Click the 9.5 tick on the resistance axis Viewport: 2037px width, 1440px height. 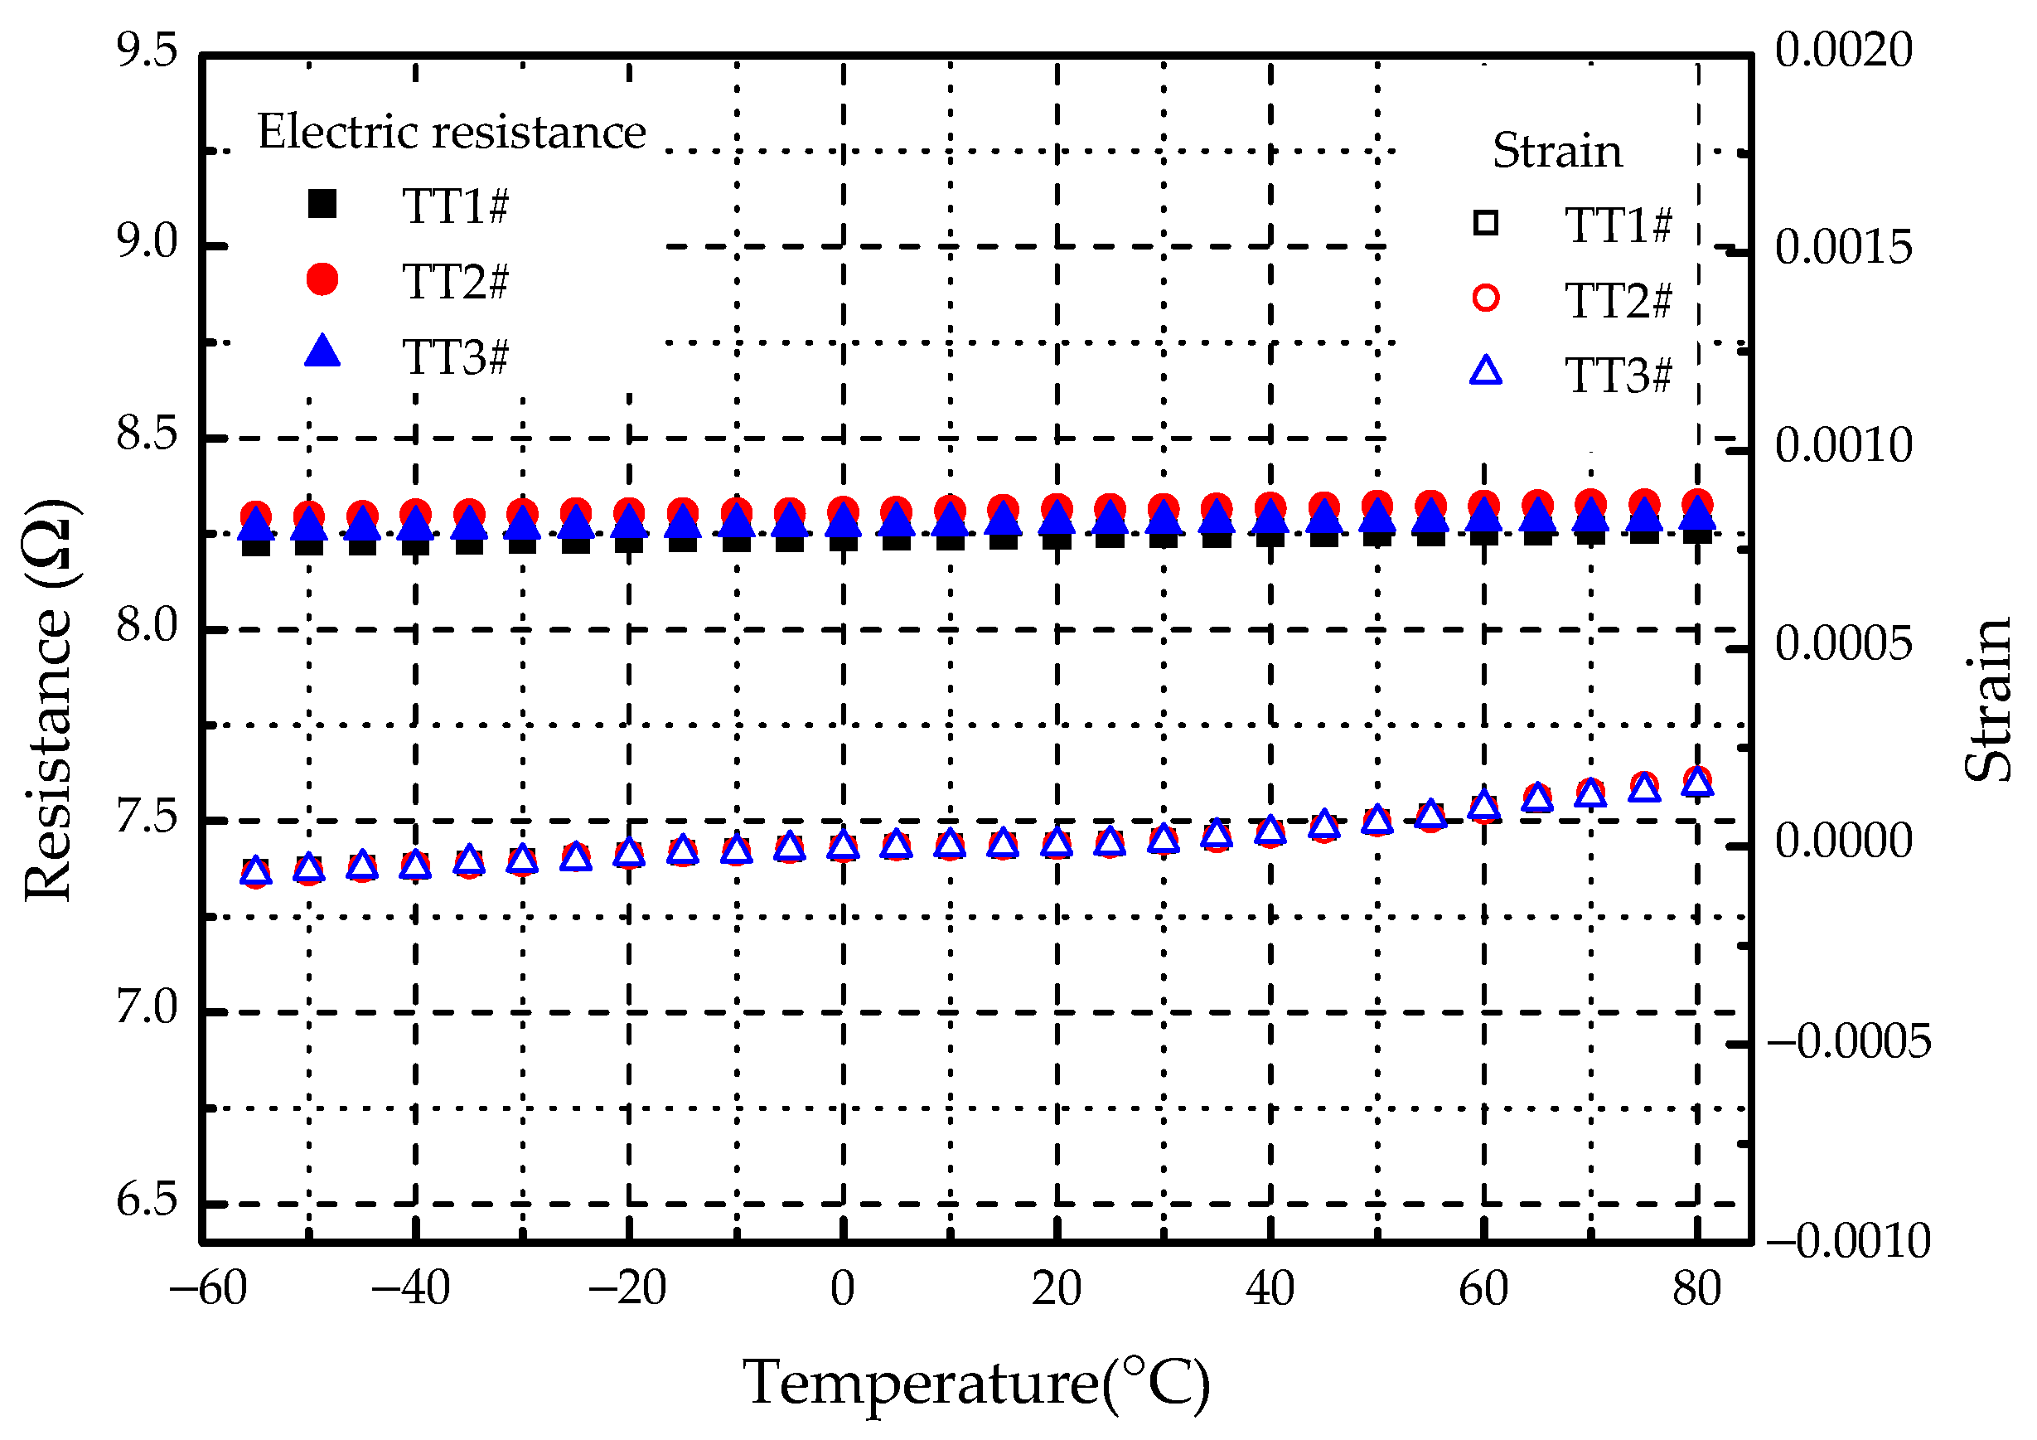[x=147, y=51]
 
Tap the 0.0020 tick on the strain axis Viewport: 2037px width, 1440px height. [x=1843, y=51]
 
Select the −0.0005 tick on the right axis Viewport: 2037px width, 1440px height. [x=1848, y=1040]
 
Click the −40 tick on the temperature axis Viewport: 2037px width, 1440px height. [x=410, y=1288]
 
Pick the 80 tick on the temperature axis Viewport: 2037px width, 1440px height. [x=1696, y=1288]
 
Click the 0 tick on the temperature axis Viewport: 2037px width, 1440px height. [x=843, y=1288]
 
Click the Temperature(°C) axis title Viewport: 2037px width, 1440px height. [x=976, y=1382]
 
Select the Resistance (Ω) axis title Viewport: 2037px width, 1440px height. [x=49, y=701]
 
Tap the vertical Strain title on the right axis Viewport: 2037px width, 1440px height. [x=1987, y=701]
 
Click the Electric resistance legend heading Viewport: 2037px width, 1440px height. [x=451, y=132]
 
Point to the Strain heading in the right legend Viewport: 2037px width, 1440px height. [x=1557, y=151]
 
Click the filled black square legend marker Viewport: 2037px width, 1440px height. [x=322, y=204]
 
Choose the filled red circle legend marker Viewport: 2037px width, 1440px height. [x=322, y=279]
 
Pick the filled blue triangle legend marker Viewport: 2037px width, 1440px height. [x=322, y=352]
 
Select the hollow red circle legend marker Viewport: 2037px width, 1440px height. [x=1486, y=298]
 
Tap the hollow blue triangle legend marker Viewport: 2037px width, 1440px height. [x=1486, y=371]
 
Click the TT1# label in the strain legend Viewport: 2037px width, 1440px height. [x=1618, y=225]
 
